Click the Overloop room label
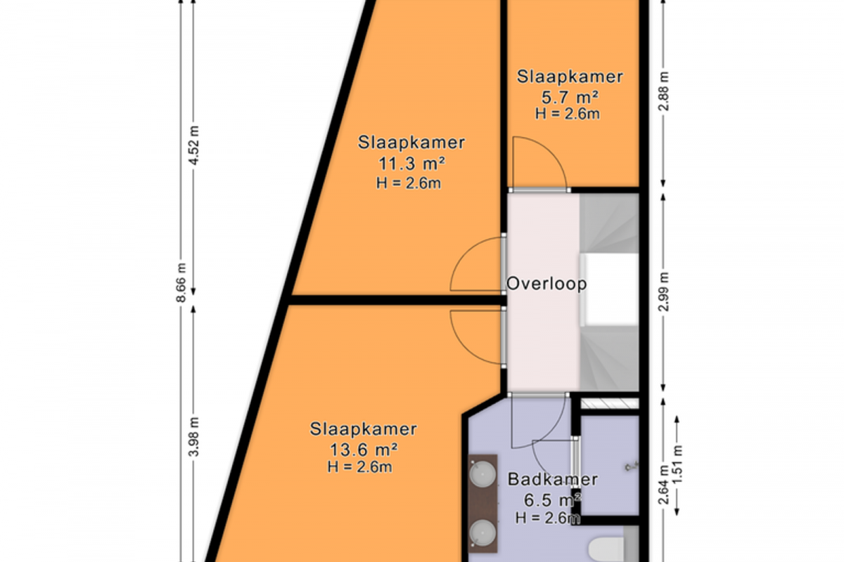coord(546,284)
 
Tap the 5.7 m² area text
coord(570,98)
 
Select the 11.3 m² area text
coord(411,164)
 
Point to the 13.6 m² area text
coord(364,450)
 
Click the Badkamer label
coord(553,480)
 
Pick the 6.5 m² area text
coord(552,500)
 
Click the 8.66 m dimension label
coord(181,282)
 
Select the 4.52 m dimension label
coord(193,145)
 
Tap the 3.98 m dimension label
coord(193,437)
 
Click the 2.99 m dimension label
coord(663,292)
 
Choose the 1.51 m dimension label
coord(677,465)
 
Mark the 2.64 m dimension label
coord(663,485)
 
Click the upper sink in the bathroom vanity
coord(482,474)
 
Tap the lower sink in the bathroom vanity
coord(482,532)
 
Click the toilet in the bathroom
coord(606,550)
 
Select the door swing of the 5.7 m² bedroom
coord(551,150)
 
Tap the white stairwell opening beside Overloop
coord(610,290)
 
